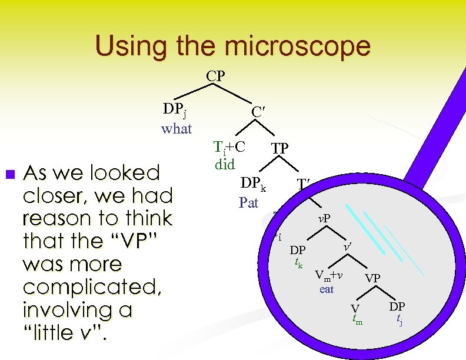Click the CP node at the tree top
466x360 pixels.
[216, 76]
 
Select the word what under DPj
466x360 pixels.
[177, 128]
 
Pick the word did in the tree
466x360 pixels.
[225, 164]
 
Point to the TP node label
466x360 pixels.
[279, 148]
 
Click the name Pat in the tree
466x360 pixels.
[249, 203]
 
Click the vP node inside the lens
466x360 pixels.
[323, 219]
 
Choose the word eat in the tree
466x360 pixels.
[327, 289]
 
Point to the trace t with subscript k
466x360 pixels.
[299, 263]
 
